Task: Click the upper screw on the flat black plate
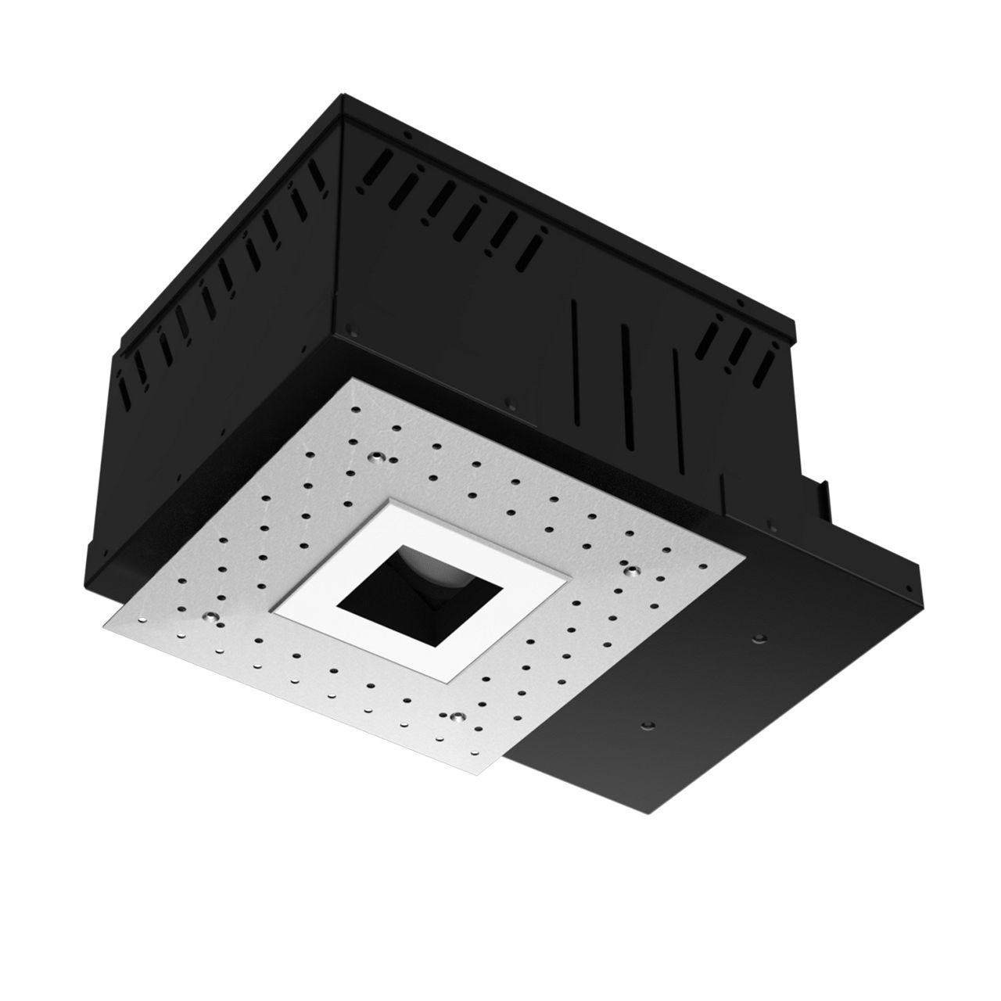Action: tap(756, 640)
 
